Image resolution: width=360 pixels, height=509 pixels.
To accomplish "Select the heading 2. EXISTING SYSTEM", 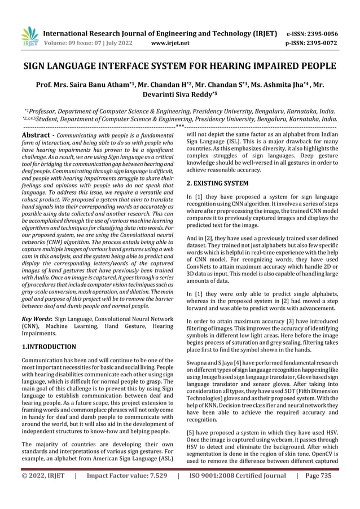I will (x=217, y=183).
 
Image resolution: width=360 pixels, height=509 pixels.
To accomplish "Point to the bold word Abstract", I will (x=38, y=135).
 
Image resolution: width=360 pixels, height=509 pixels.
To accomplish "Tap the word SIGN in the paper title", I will (x=36, y=67).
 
